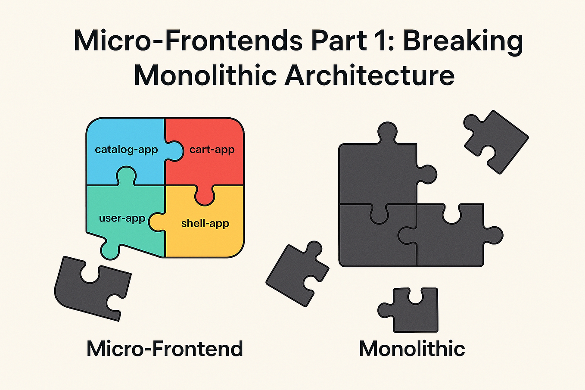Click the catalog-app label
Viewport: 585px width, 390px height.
click(x=126, y=150)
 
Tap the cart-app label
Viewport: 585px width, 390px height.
click(x=212, y=150)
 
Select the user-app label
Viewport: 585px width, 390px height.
click(x=122, y=218)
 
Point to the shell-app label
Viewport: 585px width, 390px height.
click(x=205, y=223)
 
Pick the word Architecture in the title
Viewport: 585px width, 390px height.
click(x=369, y=75)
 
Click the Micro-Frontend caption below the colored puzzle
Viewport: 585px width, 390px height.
click(x=165, y=349)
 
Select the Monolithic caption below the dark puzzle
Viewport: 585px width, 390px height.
click(x=412, y=349)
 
